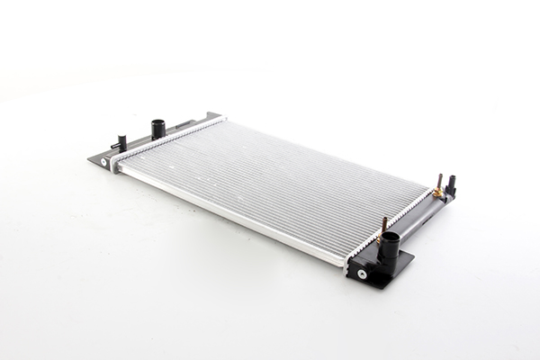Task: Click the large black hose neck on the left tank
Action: coord(158,129)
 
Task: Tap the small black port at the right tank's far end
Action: coord(450,186)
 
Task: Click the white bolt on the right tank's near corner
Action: coord(362,274)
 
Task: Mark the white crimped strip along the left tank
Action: coord(166,139)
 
